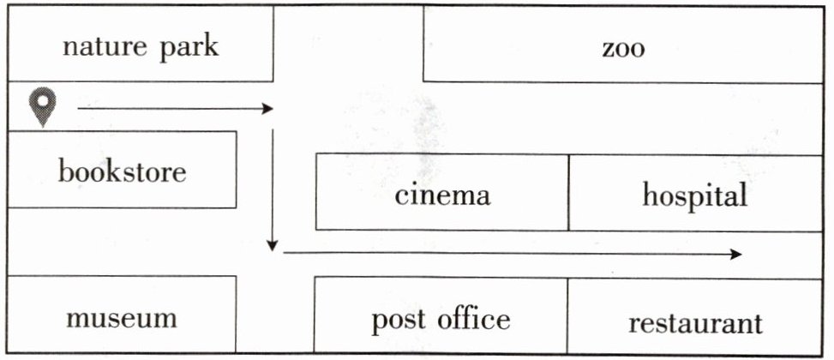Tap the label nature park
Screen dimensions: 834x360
click(x=140, y=46)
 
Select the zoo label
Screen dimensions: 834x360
click(x=622, y=48)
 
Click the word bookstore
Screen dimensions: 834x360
click(x=122, y=172)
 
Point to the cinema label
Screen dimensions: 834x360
click(x=442, y=195)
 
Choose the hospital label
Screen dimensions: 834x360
click(x=694, y=195)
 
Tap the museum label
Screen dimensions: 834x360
click(x=122, y=319)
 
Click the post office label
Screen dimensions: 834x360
click(x=441, y=321)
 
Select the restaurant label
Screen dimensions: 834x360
click(x=694, y=323)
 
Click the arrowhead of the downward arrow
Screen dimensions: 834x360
click(x=273, y=246)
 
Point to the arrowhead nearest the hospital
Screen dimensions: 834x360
click(x=735, y=254)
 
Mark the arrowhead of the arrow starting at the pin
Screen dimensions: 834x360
click(x=267, y=109)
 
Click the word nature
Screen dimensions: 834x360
click(x=98, y=46)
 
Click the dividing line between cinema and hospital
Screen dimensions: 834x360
click(x=568, y=192)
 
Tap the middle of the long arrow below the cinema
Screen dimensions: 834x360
click(x=511, y=254)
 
